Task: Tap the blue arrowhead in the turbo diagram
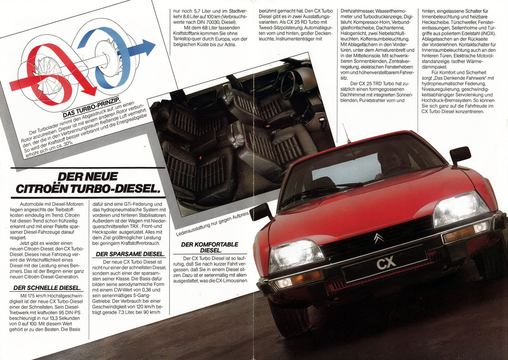tap(147, 47)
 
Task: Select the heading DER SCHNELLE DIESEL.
tap(47, 288)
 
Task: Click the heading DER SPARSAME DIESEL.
tap(130, 254)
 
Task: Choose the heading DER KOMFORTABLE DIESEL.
tap(210, 247)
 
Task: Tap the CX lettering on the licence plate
tap(386, 263)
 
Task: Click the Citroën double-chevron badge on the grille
tap(378, 238)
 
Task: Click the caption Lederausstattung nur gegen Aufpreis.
tap(212, 223)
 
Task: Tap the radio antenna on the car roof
tap(346, 132)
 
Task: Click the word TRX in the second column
tap(135, 227)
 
